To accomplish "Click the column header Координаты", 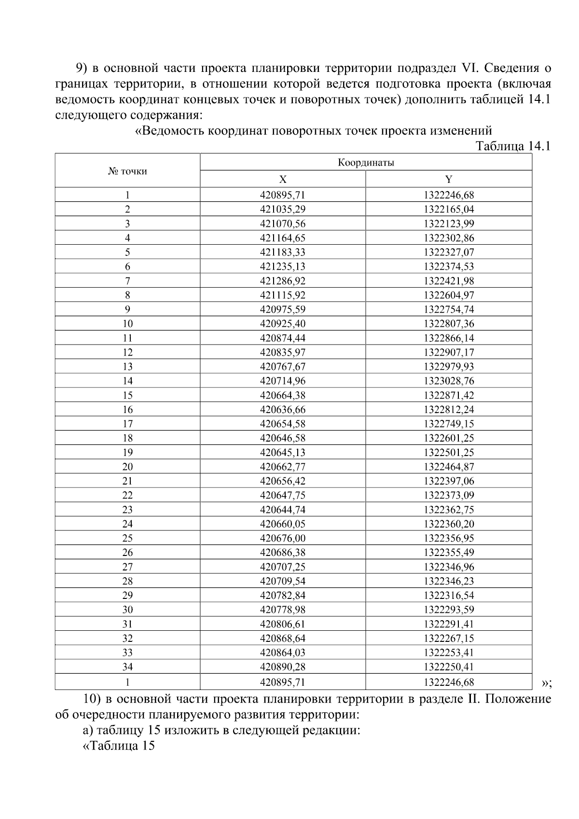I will [366, 162].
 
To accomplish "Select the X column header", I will [283, 180].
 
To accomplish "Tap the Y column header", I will [449, 180].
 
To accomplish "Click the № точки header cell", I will [127, 171].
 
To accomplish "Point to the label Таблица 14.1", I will [513, 146].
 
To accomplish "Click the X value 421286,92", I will [283, 281].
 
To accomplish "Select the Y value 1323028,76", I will [449, 381].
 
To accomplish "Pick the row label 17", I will [127, 424].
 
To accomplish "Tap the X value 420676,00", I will [283, 538].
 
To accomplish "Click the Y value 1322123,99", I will [449, 223].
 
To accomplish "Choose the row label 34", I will [127, 667].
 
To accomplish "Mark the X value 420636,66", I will [283, 410].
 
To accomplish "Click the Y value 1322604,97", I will [449, 295].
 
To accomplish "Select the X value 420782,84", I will [283, 596].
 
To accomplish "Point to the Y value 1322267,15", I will [449, 639].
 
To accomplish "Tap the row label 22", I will [127, 495].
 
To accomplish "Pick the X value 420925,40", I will [283, 324].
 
